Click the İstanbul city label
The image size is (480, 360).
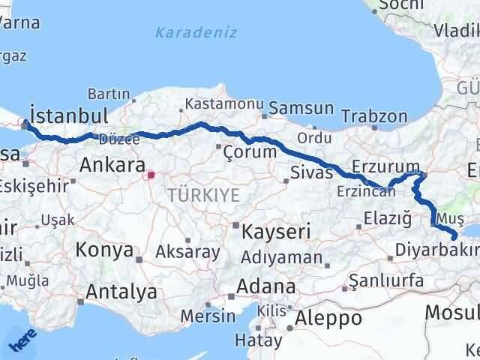[x=69, y=116]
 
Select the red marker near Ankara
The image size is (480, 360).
[x=151, y=175]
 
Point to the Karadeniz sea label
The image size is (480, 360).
[x=196, y=32]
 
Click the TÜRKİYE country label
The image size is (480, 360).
[x=203, y=195]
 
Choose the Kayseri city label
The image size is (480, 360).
[x=275, y=232]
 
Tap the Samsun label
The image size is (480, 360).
[x=301, y=108]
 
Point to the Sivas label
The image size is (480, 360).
[x=311, y=173]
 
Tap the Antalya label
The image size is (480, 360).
[x=121, y=291]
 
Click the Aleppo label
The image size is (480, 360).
[x=328, y=317]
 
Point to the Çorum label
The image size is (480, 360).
[x=250, y=151]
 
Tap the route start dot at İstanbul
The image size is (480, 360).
[x=25, y=125]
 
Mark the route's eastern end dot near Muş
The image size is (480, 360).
[x=453, y=237]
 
